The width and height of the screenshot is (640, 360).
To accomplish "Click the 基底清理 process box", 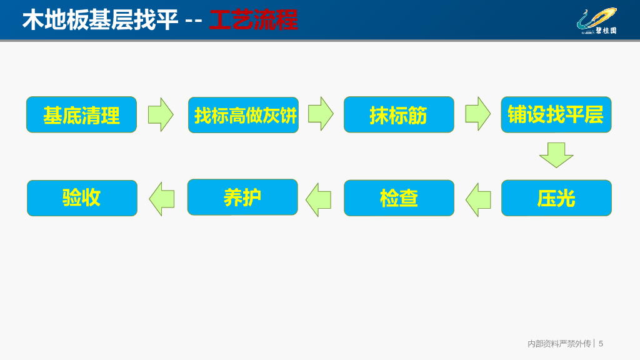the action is [x=81, y=115].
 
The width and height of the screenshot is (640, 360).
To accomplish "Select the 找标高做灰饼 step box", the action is [x=243, y=115].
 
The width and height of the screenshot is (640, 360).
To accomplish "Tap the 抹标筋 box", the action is [x=399, y=115].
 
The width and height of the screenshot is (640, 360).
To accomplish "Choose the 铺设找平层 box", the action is [x=556, y=114].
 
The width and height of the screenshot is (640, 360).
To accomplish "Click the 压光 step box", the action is [x=556, y=198].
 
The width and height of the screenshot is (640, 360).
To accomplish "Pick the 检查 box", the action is [x=399, y=198].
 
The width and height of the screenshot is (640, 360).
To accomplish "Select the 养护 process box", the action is [x=242, y=197].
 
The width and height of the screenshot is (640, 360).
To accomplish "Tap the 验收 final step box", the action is [x=82, y=198].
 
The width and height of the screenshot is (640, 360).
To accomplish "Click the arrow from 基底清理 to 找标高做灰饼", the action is [x=161, y=114].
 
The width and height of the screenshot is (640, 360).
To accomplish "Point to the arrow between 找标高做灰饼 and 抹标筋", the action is [x=321, y=114].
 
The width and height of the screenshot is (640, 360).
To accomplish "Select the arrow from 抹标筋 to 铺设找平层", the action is [x=477, y=114].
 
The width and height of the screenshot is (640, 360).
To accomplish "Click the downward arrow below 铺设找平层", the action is [x=556, y=155].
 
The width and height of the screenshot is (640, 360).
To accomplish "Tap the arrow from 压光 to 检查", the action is [x=478, y=200].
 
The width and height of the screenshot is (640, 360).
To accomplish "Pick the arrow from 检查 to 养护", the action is [x=318, y=200].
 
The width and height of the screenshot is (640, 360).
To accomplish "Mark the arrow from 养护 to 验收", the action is [x=162, y=199].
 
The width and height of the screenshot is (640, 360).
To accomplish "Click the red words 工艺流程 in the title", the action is [x=253, y=20].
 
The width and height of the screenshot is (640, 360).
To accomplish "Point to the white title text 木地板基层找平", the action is [x=100, y=20].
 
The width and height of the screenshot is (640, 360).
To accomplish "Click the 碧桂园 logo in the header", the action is [x=596, y=21].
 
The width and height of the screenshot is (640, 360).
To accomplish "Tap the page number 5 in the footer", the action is [x=601, y=344].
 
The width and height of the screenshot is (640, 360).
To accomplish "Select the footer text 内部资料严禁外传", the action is [x=559, y=344].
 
